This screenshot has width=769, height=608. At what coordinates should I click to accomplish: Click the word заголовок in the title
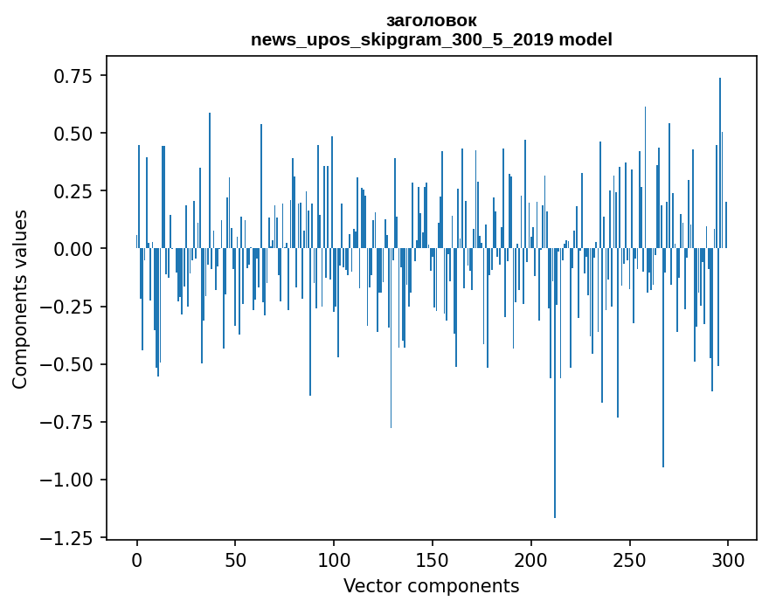click(431, 21)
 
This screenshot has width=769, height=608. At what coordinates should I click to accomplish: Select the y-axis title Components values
click(20, 299)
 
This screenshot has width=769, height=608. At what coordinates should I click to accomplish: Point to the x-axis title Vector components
click(431, 586)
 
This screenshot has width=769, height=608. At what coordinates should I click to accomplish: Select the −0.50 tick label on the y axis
click(68, 364)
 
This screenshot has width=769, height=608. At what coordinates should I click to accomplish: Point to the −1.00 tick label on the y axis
click(68, 480)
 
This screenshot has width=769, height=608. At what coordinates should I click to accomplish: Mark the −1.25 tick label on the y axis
click(68, 537)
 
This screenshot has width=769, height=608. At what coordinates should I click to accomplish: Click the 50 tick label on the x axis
click(235, 561)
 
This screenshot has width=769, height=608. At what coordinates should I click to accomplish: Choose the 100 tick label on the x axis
click(334, 561)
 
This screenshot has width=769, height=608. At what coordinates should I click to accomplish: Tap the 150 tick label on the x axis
click(432, 561)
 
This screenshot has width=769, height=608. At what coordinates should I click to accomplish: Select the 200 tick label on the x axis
click(530, 561)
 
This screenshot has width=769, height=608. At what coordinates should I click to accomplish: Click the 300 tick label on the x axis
click(727, 561)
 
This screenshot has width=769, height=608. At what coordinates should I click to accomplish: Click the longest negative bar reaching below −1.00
click(555, 384)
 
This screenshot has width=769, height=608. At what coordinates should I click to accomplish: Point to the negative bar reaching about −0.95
click(663, 358)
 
